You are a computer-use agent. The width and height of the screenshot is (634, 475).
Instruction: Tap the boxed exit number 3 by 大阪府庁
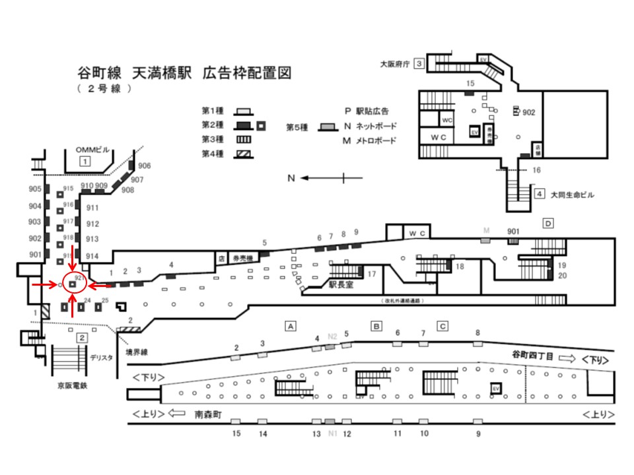click(x=419, y=63)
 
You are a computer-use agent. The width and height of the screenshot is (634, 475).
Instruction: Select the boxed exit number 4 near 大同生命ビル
click(x=540, y=194)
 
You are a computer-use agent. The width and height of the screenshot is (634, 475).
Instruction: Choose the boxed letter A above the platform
click(x=289, y=325)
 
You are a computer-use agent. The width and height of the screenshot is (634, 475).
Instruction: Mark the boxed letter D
click(x=547, y=224)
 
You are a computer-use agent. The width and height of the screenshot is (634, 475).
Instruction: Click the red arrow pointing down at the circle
click(x=72, y=253)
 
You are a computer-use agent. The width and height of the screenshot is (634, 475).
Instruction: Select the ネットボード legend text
click(x=377, y=125)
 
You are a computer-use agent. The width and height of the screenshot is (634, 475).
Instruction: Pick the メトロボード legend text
click(x=376, y=141)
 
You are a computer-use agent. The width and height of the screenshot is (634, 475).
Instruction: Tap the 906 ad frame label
click(x=145, y=165)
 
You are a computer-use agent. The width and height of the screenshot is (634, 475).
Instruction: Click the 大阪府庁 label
click(x=395, y=64)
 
